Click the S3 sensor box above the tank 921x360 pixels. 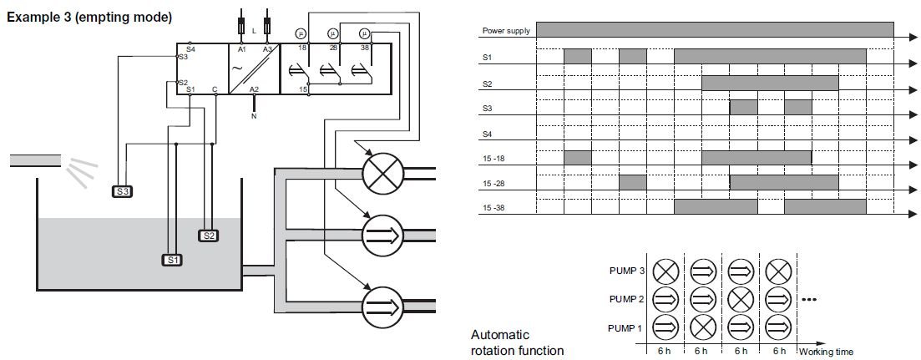click(123, 191)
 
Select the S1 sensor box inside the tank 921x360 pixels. click(172, 260)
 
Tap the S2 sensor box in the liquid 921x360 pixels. click(209, 236)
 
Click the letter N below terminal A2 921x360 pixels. click(254, 116)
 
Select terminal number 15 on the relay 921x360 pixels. click(304, 88)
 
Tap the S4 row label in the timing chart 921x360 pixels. click(487, 133)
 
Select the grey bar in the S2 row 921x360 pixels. click(769, 83)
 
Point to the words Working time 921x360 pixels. click(826, 352)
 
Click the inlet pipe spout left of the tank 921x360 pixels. click(35, 159)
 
